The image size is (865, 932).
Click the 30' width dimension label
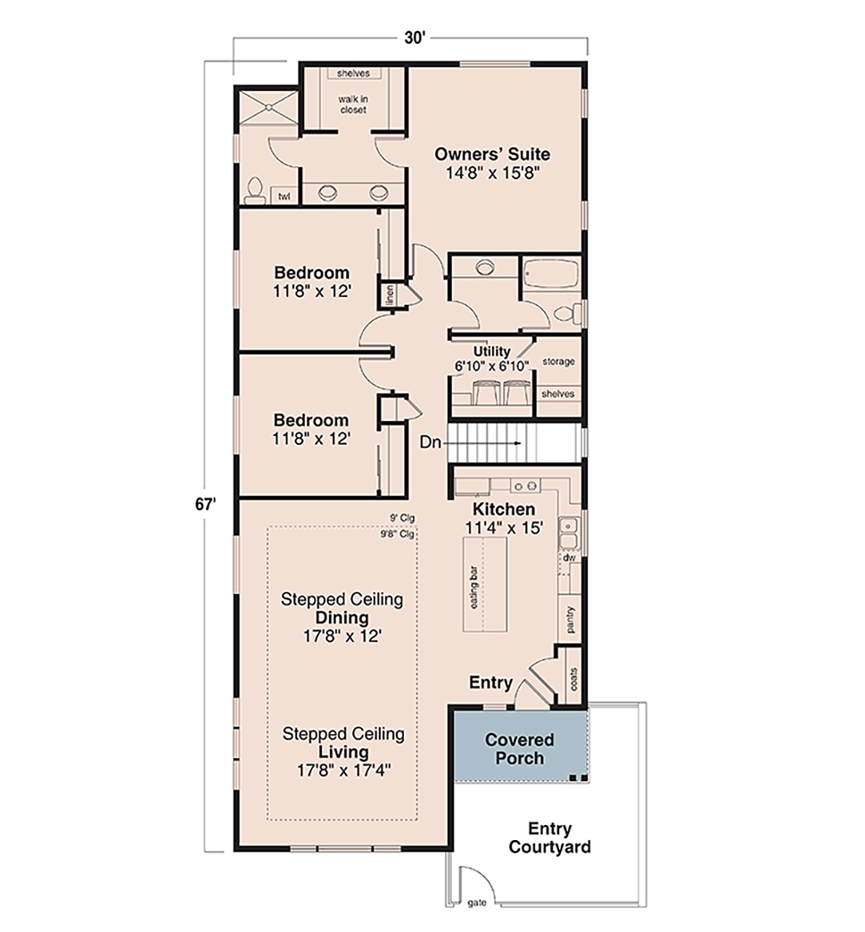point(415,38)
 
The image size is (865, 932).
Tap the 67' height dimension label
point(205,504)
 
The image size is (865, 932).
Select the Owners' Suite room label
point(492,154)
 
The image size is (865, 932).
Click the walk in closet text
point(353,104)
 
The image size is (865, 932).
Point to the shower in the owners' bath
point(268,107)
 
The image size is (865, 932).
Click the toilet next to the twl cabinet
point(256,190)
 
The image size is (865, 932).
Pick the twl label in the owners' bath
point(284,196)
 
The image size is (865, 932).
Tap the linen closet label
point(390,295)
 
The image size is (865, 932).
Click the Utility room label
point(491,351)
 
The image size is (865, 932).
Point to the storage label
point(558,361)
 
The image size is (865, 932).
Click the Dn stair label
point(431,442)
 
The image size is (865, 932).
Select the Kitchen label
point(504,509)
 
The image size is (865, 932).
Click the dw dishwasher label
point(569,557)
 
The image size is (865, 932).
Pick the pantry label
point(571,619)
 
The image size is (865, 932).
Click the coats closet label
point(573,679)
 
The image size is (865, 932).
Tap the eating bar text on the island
point(474,587)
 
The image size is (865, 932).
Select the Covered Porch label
point(520,749)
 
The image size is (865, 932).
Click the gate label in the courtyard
point(477,903)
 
